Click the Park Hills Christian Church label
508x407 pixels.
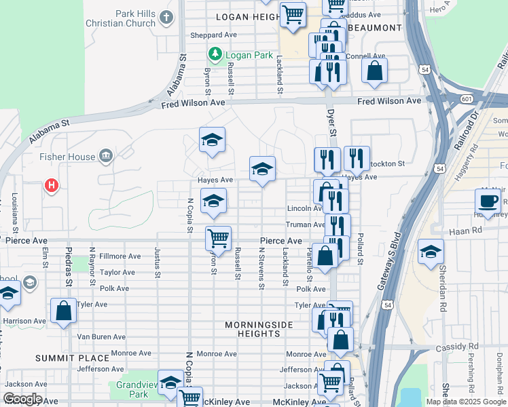point(121,18)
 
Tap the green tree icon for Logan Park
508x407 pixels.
point(215,54)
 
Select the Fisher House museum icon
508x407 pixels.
point(105,157)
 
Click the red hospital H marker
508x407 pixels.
point(50,185)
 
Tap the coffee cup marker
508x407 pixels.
point(488,201)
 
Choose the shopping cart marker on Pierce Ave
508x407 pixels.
point(218,239)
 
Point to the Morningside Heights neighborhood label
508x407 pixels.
point(259,329)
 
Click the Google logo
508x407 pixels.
point(22,399)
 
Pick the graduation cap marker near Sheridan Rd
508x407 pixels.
point(431,252)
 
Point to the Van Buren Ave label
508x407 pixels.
point(101,336)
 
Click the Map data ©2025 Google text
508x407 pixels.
point(465,402)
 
